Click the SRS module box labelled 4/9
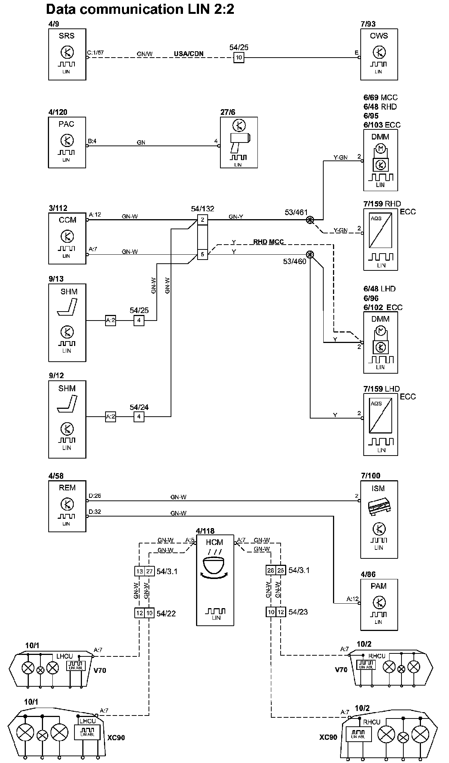[x=67, y=55]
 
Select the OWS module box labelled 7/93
[x=379, y=55]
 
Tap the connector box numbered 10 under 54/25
[x=239, y=58]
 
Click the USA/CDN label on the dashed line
[x=189, y=54]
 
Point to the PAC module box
[x=67, y=143]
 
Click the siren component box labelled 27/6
[x=239, y=143]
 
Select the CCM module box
[x=67, y=238]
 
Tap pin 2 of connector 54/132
[x=202, y=220]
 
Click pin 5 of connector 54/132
[x=202, y=255]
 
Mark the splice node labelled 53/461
[x=310, y=220]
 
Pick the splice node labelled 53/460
[x=310, y=255]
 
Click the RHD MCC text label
[x=268, y=242]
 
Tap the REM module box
[x=67, y=506]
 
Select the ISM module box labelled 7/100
[x=379, y=519]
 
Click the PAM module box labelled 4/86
[x=379, y=605]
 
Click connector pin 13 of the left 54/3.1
[x=139, y=571]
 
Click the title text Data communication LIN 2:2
[x=140, y=9]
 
